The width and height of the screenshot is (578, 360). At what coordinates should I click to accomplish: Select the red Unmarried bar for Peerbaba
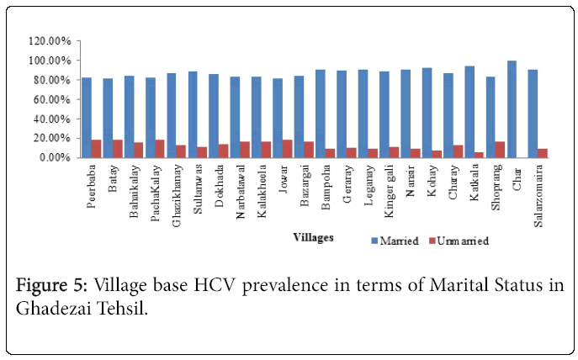click(x=96, y=149)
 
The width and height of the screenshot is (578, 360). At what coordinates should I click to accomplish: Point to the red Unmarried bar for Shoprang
click(x=501, y=150)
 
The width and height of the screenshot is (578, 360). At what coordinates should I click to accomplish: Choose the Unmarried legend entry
click(x=459, y=241)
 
